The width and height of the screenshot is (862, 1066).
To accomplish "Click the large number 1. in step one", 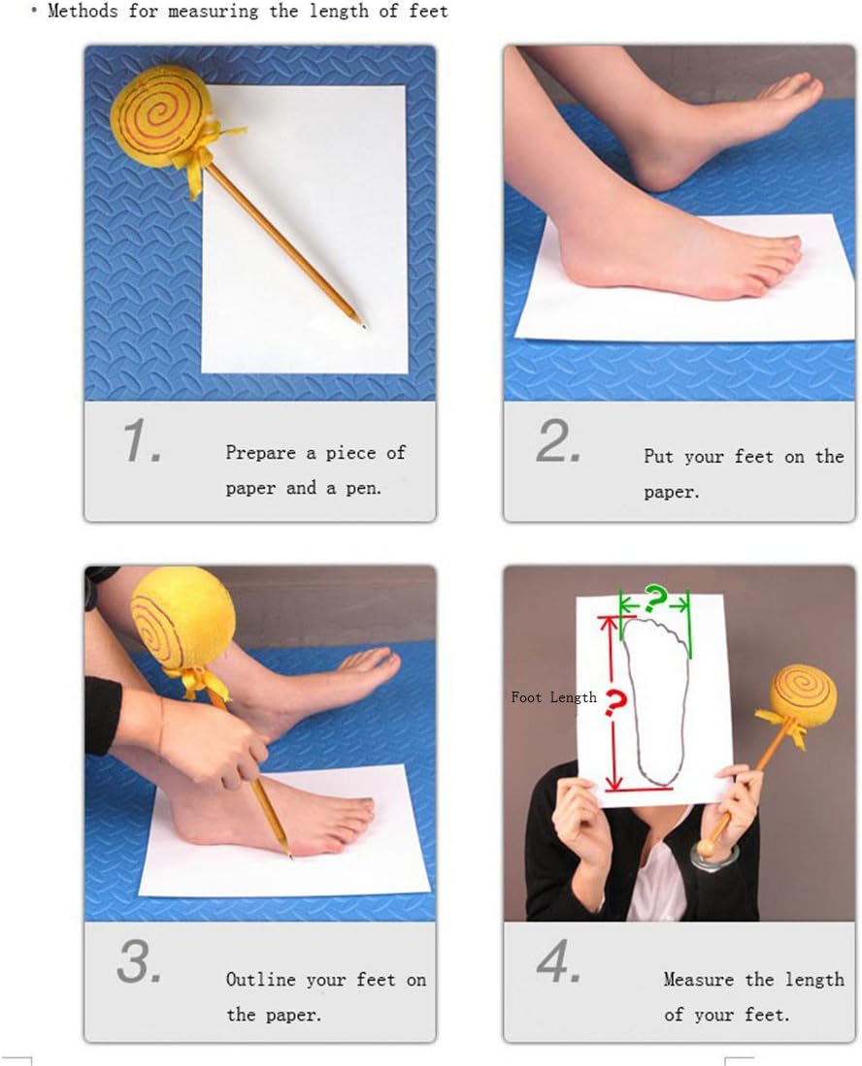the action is point(142,441).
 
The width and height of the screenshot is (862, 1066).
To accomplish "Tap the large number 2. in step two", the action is point(558,441).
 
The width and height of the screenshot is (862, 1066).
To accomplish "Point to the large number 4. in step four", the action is point(558,961).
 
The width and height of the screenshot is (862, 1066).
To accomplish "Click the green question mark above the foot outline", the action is point(654,598).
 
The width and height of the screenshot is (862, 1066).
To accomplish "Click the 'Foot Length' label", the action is point(554,697).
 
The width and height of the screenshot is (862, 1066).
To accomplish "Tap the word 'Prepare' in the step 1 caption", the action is point(260,453).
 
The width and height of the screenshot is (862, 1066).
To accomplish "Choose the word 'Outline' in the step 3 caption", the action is point(260,980).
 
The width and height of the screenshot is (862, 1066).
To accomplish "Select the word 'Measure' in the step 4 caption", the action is point(699,980).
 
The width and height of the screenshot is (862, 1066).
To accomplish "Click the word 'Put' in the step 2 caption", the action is point(658,456).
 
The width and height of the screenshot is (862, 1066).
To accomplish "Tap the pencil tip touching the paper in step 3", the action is point(289,856).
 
